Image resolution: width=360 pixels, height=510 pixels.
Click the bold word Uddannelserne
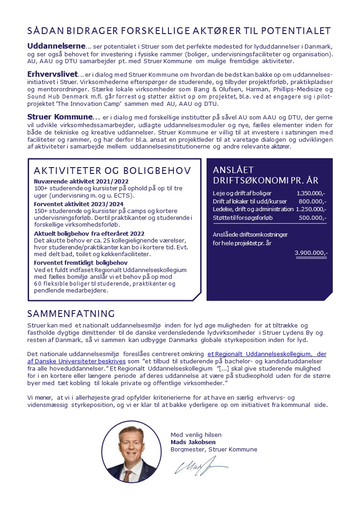56,46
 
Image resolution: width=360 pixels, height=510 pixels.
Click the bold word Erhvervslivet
53,74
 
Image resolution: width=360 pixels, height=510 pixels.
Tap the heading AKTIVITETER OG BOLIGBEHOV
113,171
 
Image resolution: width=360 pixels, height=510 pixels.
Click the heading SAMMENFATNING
71,314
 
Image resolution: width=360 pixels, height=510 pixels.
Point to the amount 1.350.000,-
311,193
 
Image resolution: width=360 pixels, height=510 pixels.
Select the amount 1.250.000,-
311,209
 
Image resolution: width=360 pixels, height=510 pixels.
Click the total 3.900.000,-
311,253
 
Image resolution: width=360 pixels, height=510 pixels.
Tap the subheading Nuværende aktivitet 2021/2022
75,181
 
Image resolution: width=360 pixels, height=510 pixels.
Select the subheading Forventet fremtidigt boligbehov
81,262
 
